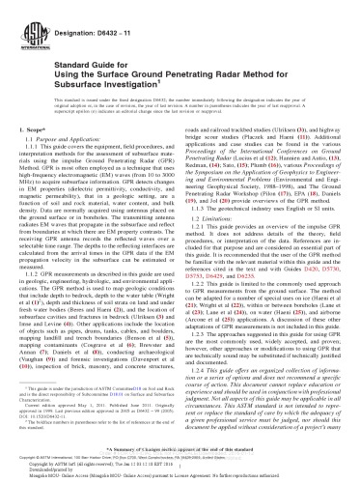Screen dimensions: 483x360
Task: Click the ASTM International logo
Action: pos(27,20)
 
